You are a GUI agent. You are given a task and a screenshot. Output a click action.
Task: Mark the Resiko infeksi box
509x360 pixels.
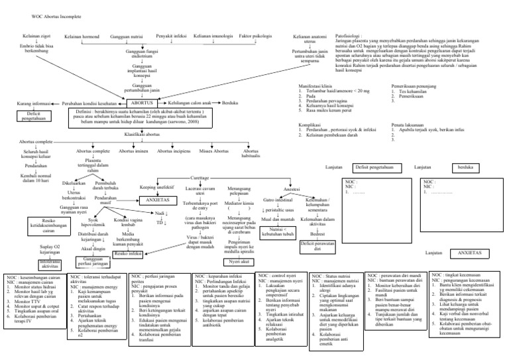point(129,253)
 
